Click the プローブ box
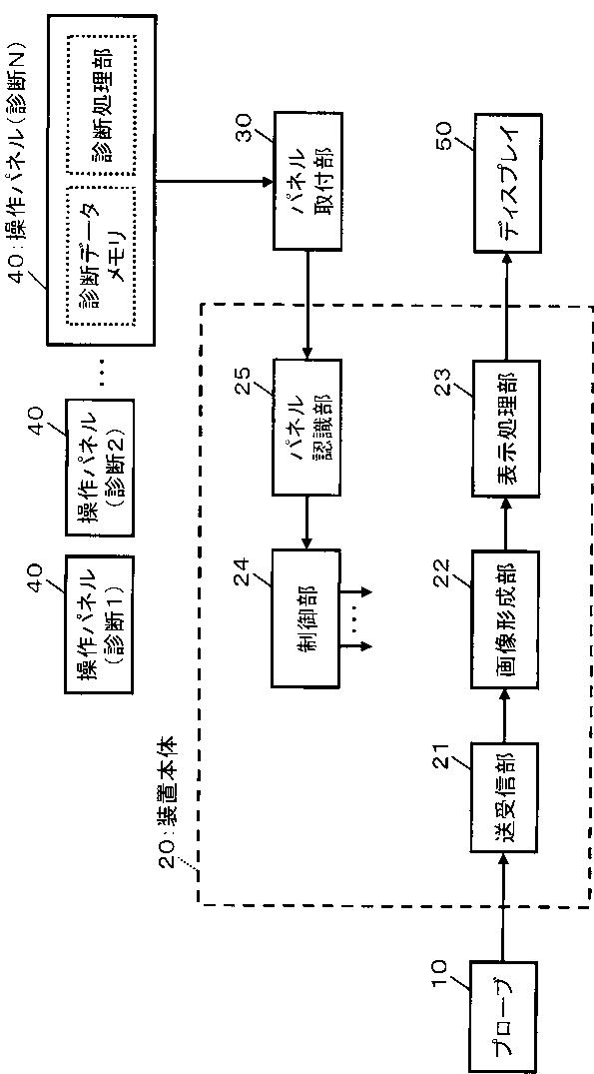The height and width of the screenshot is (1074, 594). point(504,1015)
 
